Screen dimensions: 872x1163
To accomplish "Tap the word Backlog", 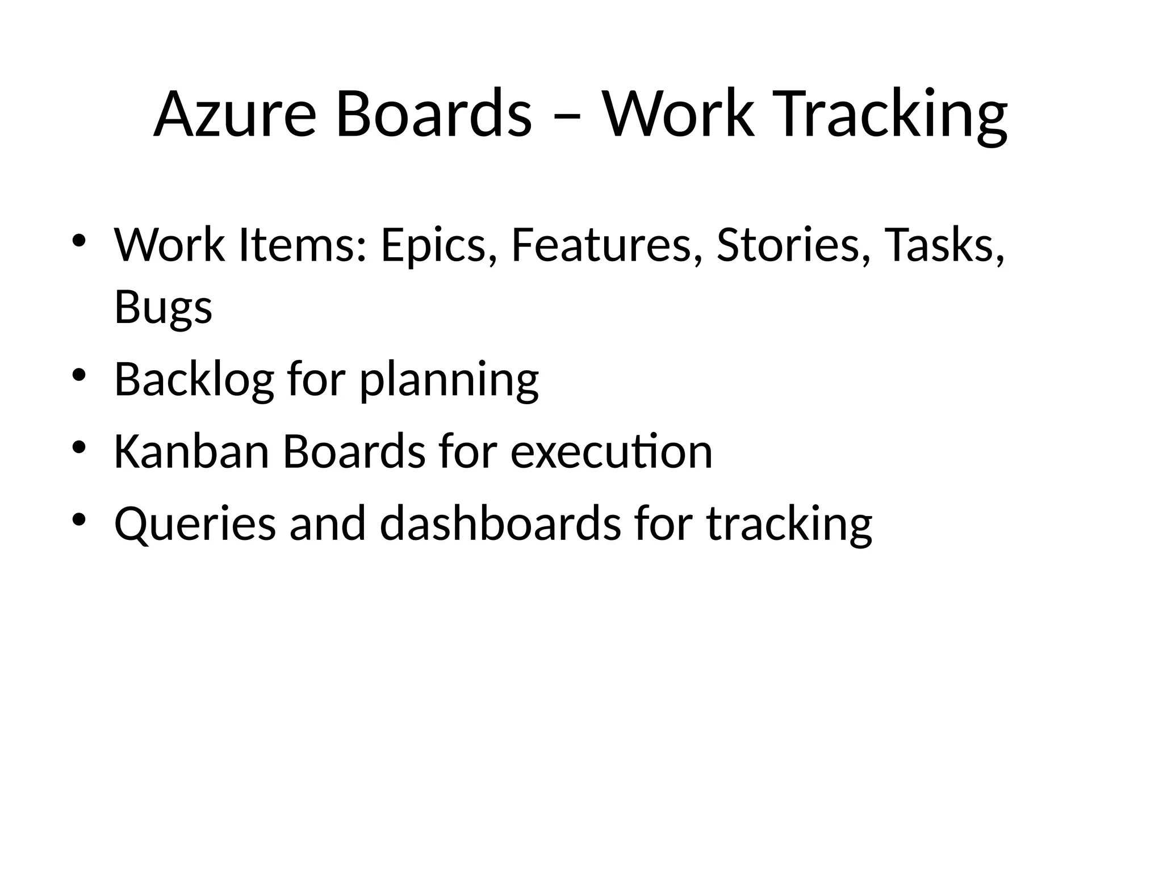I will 194,380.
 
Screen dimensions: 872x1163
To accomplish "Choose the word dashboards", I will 500,523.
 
